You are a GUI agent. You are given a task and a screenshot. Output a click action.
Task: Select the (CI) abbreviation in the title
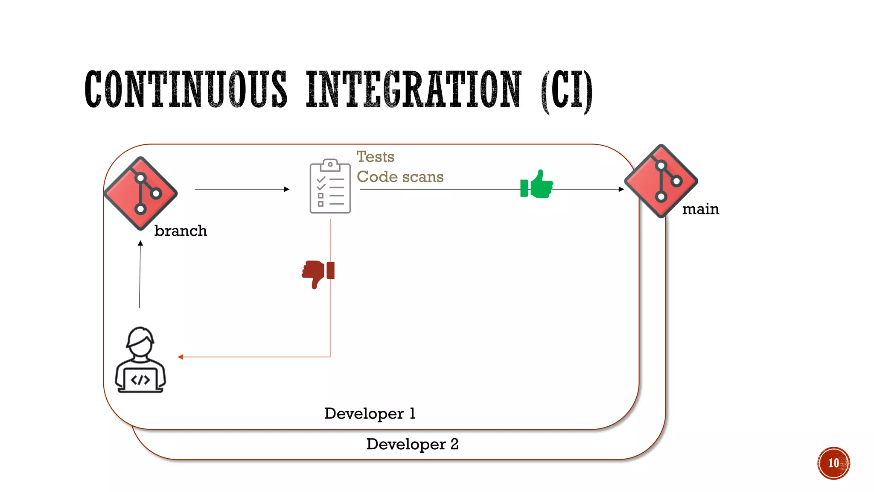coord(566,91)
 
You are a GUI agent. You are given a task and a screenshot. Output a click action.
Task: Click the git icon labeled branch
coord(141,193)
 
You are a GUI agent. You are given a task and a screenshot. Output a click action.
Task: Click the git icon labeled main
coord(661,181)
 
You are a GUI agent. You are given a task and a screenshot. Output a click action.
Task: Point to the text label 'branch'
coord(181,231)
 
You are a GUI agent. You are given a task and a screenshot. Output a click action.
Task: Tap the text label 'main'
coord(700,209)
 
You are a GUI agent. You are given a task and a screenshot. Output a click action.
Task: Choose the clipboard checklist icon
coord(330,186)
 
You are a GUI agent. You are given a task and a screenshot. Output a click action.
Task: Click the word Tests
coord(376,157)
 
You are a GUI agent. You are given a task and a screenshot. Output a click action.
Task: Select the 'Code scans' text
coord(400,177)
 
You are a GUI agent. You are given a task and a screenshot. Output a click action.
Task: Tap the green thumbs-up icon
coord(537,184)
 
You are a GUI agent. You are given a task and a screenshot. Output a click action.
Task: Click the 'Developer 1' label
coord(370,413)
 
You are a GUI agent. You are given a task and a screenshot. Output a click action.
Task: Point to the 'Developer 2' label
coord(412,444)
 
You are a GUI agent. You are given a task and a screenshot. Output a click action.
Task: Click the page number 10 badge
coord(833,463)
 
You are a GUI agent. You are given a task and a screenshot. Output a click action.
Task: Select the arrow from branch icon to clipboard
coord(242,189)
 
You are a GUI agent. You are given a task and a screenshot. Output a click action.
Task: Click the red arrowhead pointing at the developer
coord(181,357)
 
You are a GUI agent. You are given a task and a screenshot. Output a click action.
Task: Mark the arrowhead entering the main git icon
coord(621,189)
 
